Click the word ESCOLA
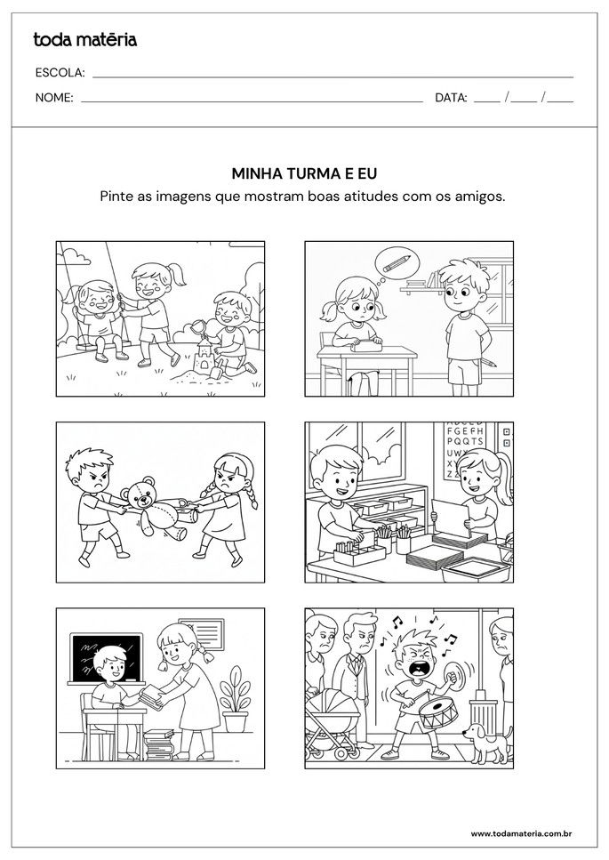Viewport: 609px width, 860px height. point(60,73)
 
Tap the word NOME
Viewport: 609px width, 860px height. point(54,98)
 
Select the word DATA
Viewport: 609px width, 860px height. point(451,98)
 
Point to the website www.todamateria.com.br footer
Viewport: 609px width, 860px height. point(520,833)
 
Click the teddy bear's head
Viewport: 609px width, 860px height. point(140,494)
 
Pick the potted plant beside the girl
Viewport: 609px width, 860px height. point(235,699)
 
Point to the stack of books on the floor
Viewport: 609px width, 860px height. point(159,743)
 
